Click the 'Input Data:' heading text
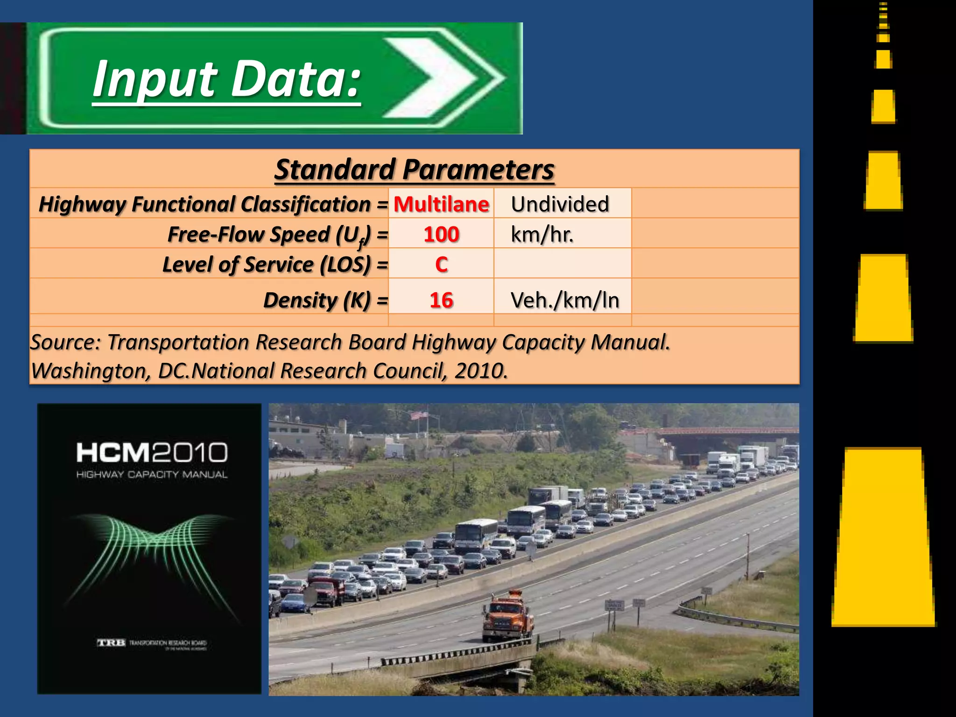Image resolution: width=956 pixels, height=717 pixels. [x=226, y=79]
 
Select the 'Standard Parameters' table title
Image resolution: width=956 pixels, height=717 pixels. [x=414, y=169]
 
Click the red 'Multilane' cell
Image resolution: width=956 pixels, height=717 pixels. [x=441, y=204]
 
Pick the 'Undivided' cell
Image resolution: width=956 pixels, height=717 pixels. [x=560, y=204]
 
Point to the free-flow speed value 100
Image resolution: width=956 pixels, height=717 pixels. [x=441, y=234]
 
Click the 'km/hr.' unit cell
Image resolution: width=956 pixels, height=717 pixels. [x=542, y=234]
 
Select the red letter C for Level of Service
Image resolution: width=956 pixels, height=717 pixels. [x=441, y=264]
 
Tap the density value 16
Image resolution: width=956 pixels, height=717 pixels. [x=441, y=300]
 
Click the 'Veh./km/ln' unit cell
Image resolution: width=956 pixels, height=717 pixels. [x=565, y=300]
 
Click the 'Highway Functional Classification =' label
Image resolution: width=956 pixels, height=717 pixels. [x=213, y=204]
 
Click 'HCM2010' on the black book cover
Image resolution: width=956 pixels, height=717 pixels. [x=152, y=452]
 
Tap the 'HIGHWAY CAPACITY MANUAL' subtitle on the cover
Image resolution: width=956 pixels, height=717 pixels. [x=152, y=474]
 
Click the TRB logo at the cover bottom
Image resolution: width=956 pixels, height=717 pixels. [x=111, y=643]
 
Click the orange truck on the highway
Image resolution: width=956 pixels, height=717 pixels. [x=508, y=616]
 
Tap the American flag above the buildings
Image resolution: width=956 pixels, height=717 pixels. [x=419, y=415]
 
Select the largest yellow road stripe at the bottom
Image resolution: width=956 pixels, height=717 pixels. [x=884, y=537]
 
